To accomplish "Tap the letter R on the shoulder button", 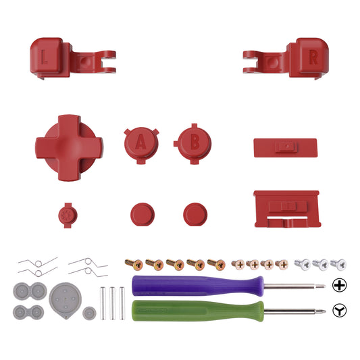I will click(313, 57).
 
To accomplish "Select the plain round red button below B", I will click(195, 214).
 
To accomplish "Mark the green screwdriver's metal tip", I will click(319, 311).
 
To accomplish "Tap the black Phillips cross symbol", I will click(340, 285).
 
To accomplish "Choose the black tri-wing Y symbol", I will click(340, 311).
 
